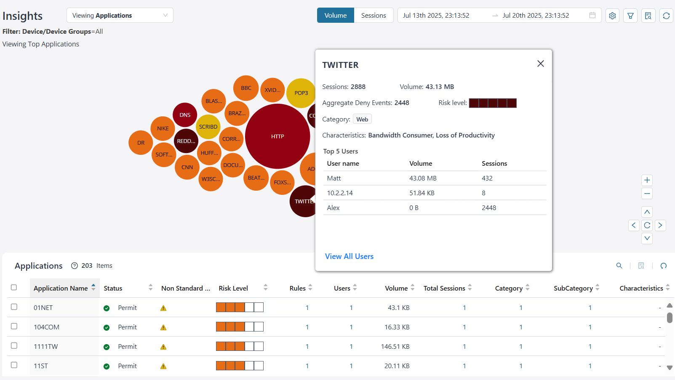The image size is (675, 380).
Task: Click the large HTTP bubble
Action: click(277, 136)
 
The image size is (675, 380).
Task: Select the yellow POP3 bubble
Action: click(300, 93)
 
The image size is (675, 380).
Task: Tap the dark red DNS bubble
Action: click(185, 115)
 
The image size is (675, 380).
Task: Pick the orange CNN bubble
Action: click(187, 167)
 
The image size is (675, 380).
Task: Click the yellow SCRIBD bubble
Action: click(208, 127)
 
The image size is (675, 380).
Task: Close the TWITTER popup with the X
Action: click(540, 64)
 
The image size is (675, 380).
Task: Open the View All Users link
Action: click(349, 256)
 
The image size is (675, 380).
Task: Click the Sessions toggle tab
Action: click(373, 15)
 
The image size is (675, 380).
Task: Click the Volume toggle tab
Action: click(336, 15)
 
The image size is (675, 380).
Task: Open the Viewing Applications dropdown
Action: click(120, 15)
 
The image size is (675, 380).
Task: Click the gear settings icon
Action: click(612, 16)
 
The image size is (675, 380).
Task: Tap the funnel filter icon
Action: click(630, 16)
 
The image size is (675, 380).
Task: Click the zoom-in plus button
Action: click(647, 180)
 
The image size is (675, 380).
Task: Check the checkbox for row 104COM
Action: click(14, 326)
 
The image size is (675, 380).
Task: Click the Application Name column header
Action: click(61, 288)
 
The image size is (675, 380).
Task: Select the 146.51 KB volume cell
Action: click(395, 346)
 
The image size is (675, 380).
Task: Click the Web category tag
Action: click(362, 119)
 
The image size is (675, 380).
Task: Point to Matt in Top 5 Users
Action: click(334, 178)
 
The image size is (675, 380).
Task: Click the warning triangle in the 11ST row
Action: click(163, 366)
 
